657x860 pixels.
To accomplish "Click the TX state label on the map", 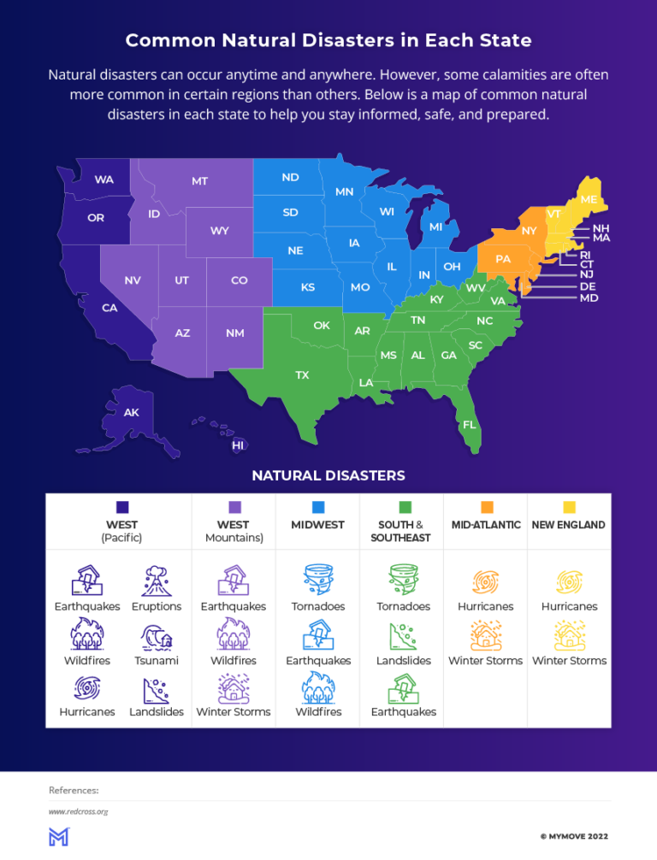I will click(302, 375).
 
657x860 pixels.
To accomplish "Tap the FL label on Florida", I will click(469, 425).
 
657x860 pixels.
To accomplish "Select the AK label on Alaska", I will click(131, 412).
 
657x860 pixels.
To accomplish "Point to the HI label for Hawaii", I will click(239, 445).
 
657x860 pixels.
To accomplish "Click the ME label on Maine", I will click(589, 199).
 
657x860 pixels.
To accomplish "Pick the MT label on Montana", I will click(199, 181).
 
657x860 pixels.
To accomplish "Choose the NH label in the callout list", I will click(601, 229).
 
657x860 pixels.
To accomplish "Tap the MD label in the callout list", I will click(589, 298).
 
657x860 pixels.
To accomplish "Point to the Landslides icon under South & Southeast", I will click(403, 635).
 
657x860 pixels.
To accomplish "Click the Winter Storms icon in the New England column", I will click(569, 635).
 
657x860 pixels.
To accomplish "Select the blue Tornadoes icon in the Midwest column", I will click(318, 580).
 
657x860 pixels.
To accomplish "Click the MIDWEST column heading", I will click(318, 525).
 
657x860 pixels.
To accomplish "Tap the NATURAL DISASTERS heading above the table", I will click(328, 475).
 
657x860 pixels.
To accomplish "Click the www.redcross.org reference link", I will click(78, 811).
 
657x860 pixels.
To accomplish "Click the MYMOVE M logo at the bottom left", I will click(58, 836).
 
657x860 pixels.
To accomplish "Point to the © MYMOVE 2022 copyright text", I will click(573, 836).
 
